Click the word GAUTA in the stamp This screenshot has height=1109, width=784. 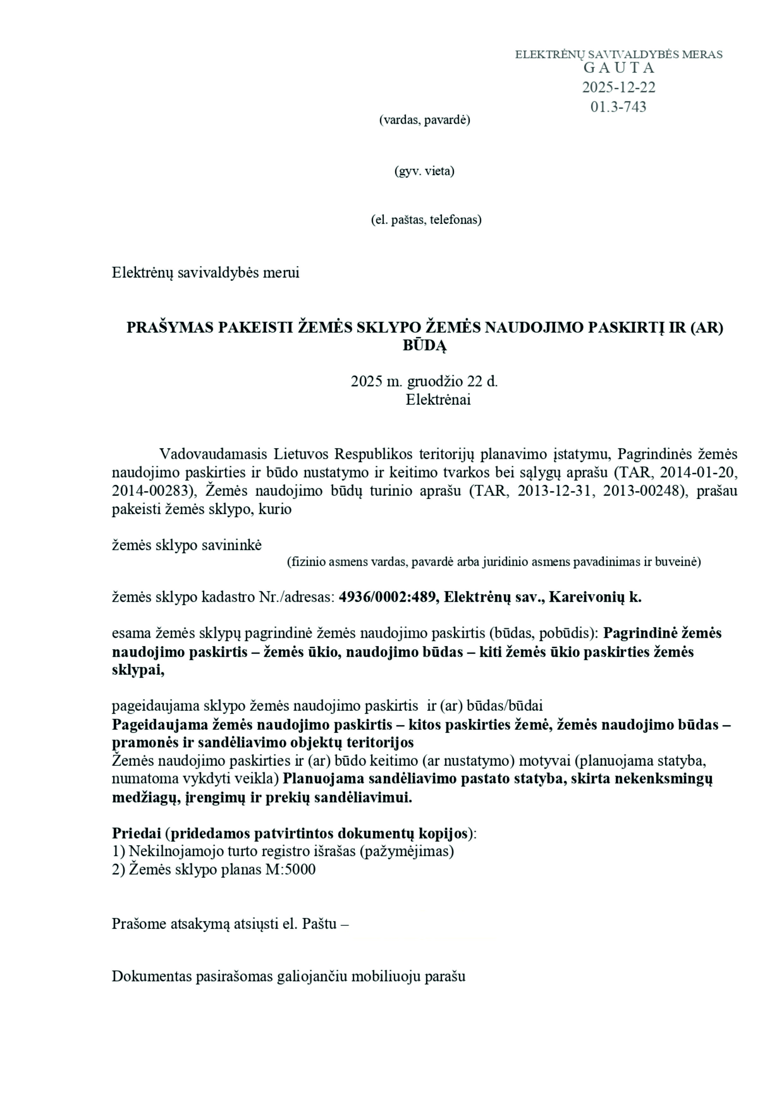pyautogui.click(x=619, y=68)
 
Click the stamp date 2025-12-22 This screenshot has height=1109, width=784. pyautogui.click(x=619, y=88)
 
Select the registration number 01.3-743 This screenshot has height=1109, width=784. pyautogui.click(x=618, y=107)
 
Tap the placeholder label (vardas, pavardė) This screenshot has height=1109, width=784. pyautogui.click(x=425, y=120)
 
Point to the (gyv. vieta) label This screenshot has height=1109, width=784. pyautogui.click(x=425, y=171)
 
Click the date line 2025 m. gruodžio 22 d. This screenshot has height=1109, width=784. pyautogui.click(x=424, y=382)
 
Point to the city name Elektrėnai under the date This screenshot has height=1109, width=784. pyautogui.click(x=438, y=400)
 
